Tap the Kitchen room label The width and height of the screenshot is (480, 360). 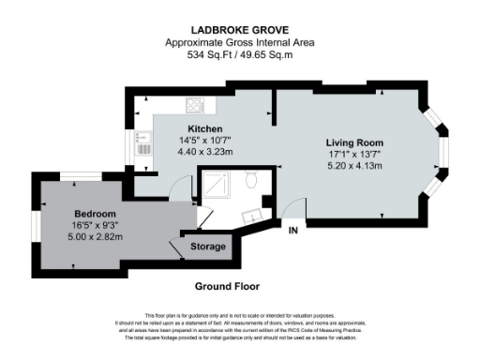(x=203, y=128)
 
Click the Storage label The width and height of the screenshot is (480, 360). (x=208, y=247)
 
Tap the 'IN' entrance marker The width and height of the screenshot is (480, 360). (x=293, y=230)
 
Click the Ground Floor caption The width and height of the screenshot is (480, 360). (x=226, y=286)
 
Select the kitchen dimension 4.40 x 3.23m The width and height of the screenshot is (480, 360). (x=203, y=150)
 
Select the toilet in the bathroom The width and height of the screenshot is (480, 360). (x=250, y=179)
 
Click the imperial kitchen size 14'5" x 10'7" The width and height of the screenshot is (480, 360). (x=203, y=140)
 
